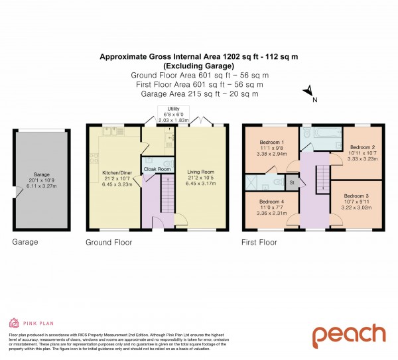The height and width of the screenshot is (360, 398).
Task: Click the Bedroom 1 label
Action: [271, 143]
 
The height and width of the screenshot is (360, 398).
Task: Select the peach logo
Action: [349, 335]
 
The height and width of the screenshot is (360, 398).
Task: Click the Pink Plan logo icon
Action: [13, 323]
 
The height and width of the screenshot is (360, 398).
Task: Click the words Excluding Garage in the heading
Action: [198, 67]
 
